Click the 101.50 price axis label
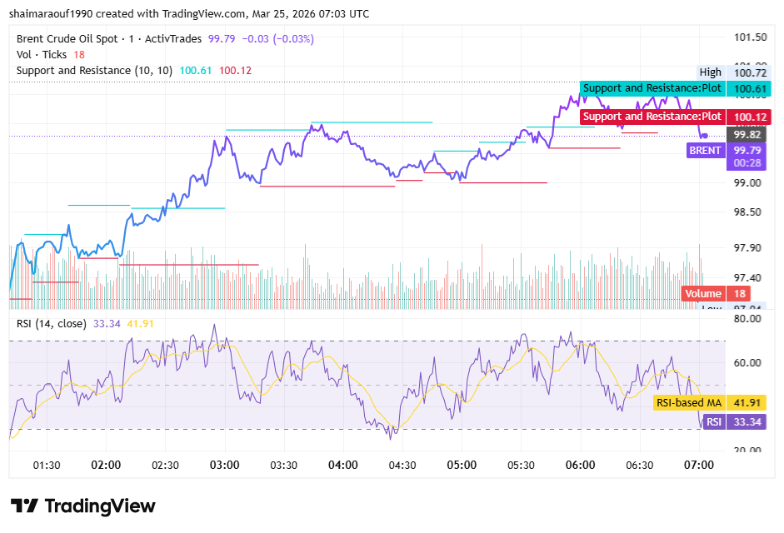(x=750, y=37)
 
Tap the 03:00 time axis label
(x=225, y=465)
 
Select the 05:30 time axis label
(x=521, y=465)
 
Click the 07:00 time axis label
(x=698, y=465)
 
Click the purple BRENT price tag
(x=704, y=151)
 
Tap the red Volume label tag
(x=702, y=293)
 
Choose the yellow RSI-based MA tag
(x=688, y=403)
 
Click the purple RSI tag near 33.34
(x=713, y=422)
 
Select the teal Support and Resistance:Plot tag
(x=652, y=88)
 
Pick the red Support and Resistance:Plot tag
(x=652, y=117)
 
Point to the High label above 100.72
(x=710, y=72)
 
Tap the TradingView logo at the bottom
(x=82, y=506)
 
